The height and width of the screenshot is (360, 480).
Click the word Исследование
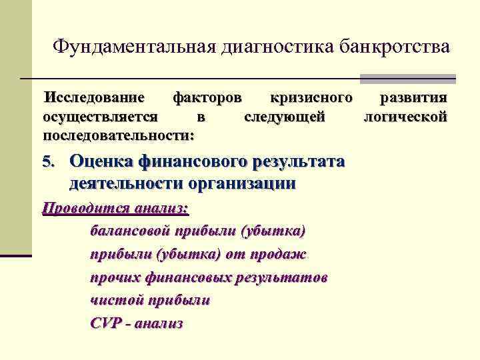pyautogui.click(x=94, y=99)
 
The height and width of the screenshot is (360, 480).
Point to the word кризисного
pyautogui.click(x=311, y=99)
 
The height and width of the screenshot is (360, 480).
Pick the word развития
pyautogui.click(x=413, y=99)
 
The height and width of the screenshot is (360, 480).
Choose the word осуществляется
pyautogui.click(x=100, y=117)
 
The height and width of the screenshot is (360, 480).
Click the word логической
pyautogui.click(x=405, y=117)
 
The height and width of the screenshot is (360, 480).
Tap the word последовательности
pyautogui.click(x=118, y=135)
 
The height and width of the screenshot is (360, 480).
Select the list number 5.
pyautogui.click(x=47, y=162)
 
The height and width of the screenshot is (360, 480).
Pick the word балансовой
pyautogui.click(x=129, y=231)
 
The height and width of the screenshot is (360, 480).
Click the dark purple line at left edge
pyautogui.click(x=16, y=255)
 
